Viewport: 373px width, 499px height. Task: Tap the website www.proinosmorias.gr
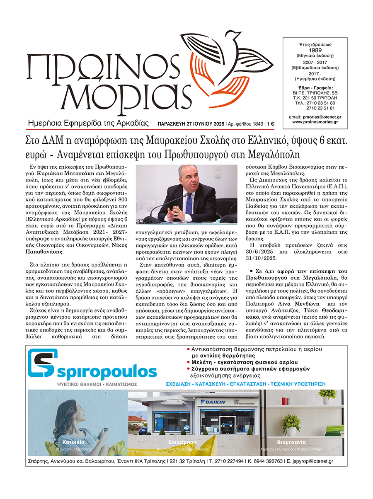(315, 122)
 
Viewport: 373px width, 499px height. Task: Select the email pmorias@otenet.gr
(320, 117)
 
